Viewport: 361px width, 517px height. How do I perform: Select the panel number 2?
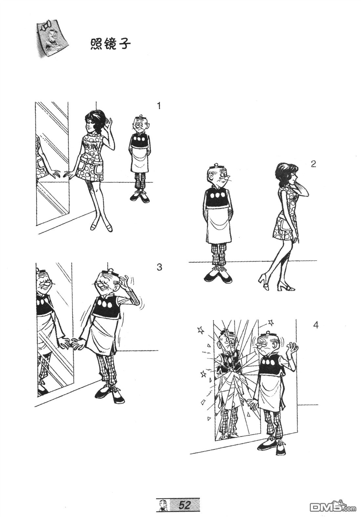tap(313, 164)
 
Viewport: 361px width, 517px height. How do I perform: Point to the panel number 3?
tap(159, 267)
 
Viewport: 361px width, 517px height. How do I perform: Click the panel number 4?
tap(316, 325)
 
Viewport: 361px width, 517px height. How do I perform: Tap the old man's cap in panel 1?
tap(141, 117)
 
